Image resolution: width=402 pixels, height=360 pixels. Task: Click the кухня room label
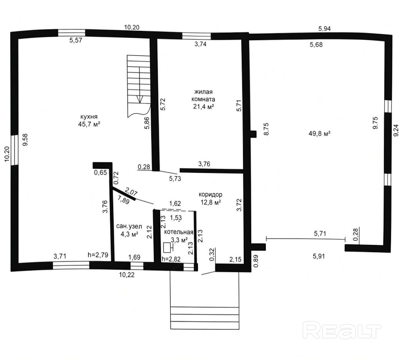[x=89, y=117]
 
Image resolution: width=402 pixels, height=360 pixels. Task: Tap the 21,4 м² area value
[x=204, y=106]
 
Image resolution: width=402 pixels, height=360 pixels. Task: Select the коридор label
[x=210, y=195]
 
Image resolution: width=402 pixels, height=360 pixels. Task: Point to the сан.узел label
[x=129, y=226]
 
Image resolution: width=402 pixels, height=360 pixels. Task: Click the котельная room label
[x=179, y=232]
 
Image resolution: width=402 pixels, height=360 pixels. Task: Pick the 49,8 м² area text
[x=319, y=133]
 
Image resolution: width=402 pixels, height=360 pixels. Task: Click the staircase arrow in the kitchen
[x=140, y=85]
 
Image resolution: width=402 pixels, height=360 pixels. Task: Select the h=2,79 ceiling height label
[x=98, y=255]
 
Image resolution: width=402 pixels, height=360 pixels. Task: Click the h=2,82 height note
[x=171, y=259]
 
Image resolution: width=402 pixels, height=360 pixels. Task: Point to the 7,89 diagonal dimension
[x=123, y=199]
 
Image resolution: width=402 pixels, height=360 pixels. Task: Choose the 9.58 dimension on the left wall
[x=25, y=140]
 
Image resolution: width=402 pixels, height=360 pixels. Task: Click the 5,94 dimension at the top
[x=325, y=29]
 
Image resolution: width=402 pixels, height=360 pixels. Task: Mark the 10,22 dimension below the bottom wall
[x=127, y=275]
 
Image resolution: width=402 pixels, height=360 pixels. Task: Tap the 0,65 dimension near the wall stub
[x=100, y=172]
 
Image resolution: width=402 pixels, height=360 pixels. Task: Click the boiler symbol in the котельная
[x=168, y=247]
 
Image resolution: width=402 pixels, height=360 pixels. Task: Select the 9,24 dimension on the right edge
[x=396, y=130]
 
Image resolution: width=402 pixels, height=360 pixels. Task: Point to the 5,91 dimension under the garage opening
[x=319, y=256]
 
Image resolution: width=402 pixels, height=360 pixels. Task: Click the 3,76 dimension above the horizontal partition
[x=204, y=164]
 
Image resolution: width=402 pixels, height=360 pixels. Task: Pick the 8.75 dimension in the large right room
[x=266, y=129]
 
